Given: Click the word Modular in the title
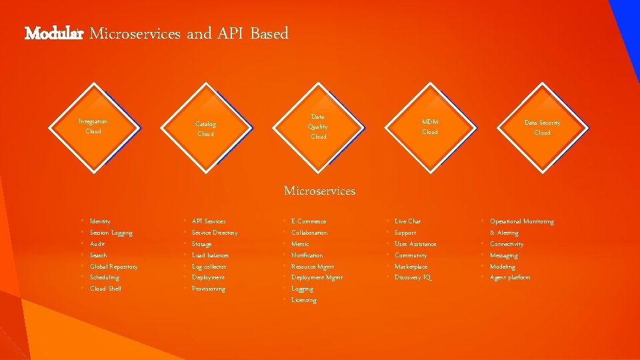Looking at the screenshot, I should tap(53, 33).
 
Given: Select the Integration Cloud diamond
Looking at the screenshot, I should tap(93, 126).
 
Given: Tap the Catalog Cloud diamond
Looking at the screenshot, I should tap(205, 129).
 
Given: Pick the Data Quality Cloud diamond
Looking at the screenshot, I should tap(318, 126).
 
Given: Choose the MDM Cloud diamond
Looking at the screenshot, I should tap(430, 127).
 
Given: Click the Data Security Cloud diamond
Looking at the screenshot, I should tap(542, 127).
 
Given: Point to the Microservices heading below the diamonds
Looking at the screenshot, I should tap(319, 191).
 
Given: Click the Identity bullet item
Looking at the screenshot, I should tap(100, 221).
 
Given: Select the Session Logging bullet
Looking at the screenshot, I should tap(111, 233).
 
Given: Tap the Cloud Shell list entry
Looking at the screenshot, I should tap(105, 289).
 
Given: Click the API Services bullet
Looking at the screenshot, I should tap(209, 221).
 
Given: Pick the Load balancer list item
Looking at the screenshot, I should tap(210, 255).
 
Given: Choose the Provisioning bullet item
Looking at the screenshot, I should tap(209, 289).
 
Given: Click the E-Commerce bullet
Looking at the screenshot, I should tap(309, 221).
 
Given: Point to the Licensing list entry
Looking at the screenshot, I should tap(304, 300).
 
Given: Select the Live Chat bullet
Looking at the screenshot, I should tap(407, 221).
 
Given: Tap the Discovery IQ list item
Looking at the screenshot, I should tap(413, 277).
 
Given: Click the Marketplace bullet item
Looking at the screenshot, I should tap(411, 267).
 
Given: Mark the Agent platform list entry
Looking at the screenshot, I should tap(510, 277).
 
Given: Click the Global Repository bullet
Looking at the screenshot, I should tap(113, 267).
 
